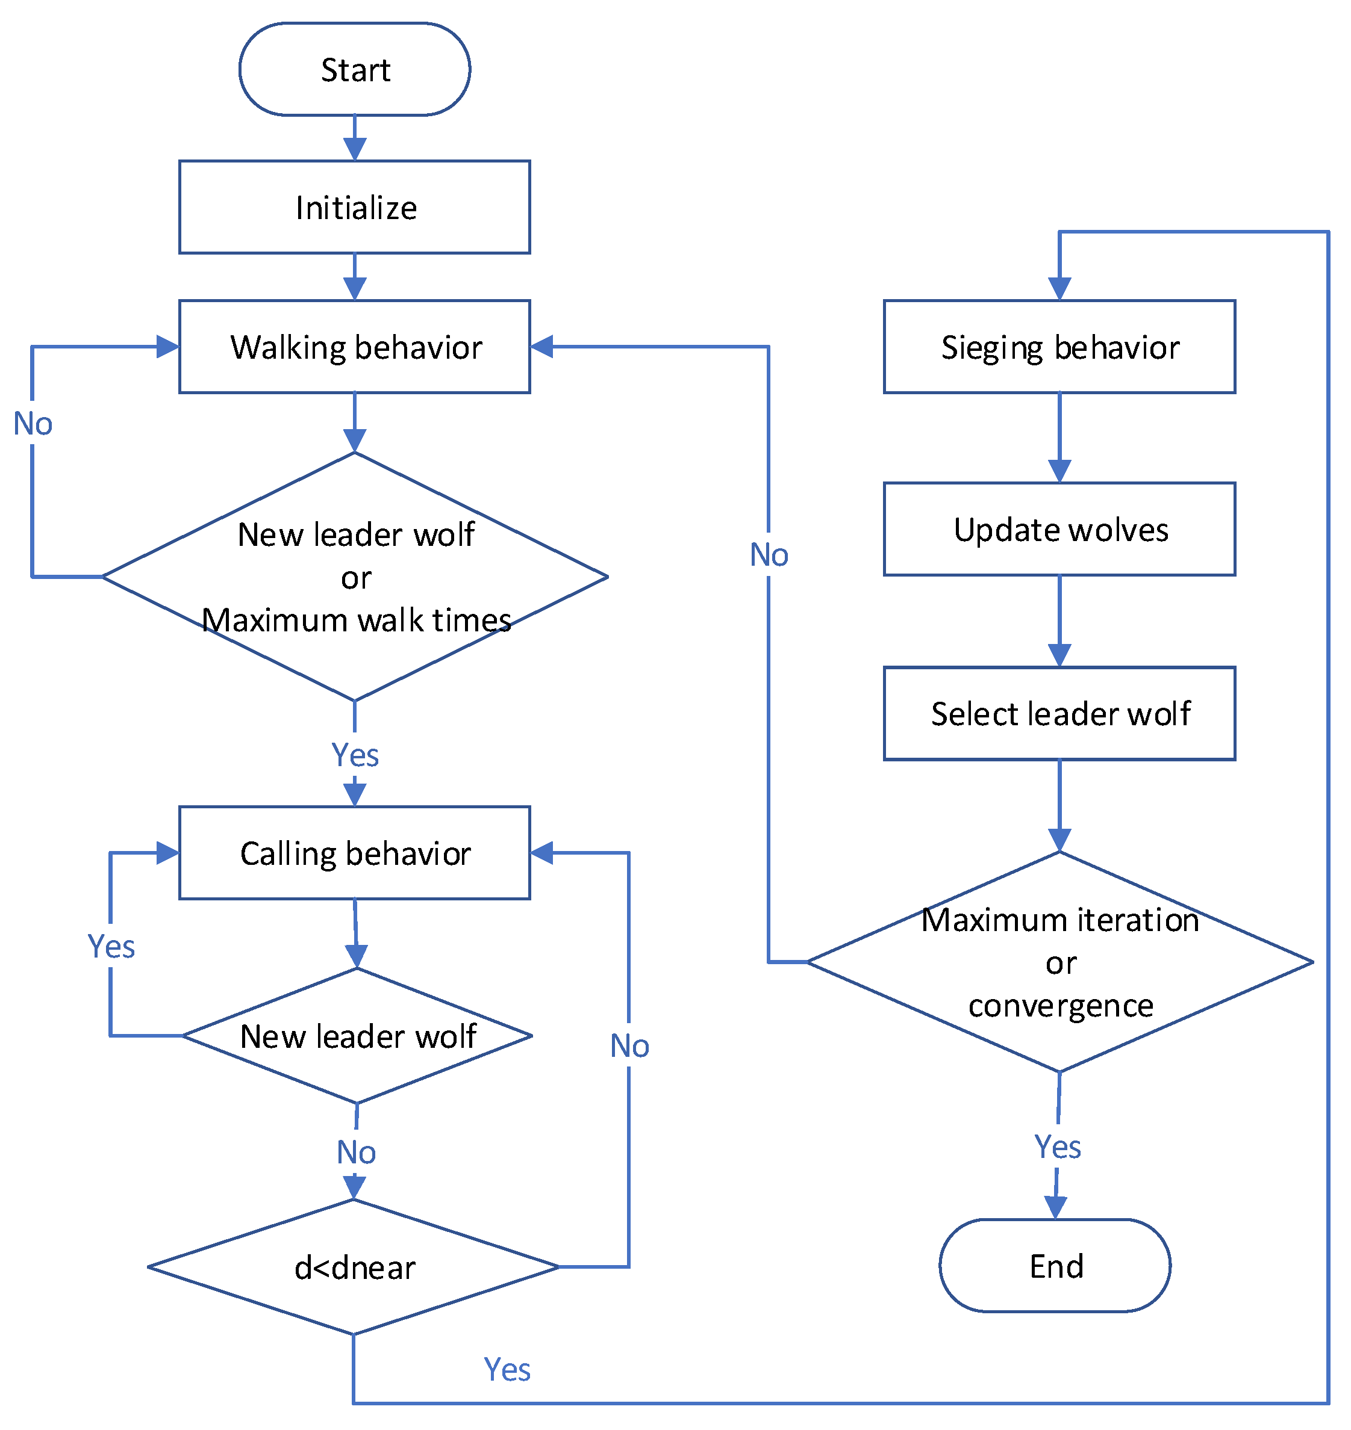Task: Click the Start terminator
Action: coord(354,69)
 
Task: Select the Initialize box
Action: coord(354,207)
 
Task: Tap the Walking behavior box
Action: coord(354,347)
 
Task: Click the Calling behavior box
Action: coord(354,853)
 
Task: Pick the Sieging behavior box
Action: coord(1059,347)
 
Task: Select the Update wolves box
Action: coord(1059,529)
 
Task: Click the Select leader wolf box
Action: coord(1059,713)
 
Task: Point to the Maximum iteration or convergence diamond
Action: coord(1059,962)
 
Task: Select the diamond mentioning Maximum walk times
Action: coord(354,577)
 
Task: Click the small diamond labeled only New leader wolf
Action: coord(357,1036)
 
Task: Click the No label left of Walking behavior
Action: coord(33,424)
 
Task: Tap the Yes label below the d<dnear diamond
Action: coord(507,1370)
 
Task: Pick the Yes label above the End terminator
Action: coord(1057,1147)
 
